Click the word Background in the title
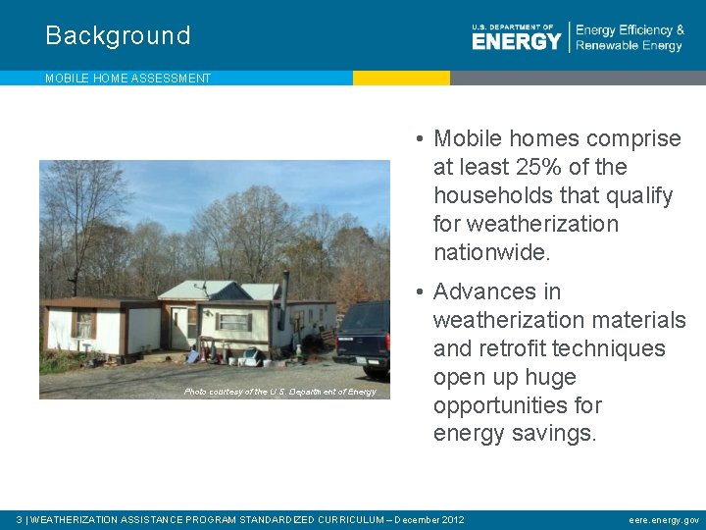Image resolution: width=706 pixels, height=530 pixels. (x=118, y=36)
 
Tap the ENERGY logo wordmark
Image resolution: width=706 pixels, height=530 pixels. (x=516, y=40)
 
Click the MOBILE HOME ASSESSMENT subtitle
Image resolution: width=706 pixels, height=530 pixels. (x=127, y=79)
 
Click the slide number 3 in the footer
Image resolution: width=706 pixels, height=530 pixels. (x=20, y=519)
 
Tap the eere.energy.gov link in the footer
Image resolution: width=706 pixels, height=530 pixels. (x=664, y=519)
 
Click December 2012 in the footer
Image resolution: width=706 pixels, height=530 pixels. (x=429, y=519)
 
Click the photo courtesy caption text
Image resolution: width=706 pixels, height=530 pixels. (x=279, y=392)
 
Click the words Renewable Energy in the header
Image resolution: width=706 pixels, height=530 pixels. (x=629, y=46)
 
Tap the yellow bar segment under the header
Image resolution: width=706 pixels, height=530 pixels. (x=401, y=78)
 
